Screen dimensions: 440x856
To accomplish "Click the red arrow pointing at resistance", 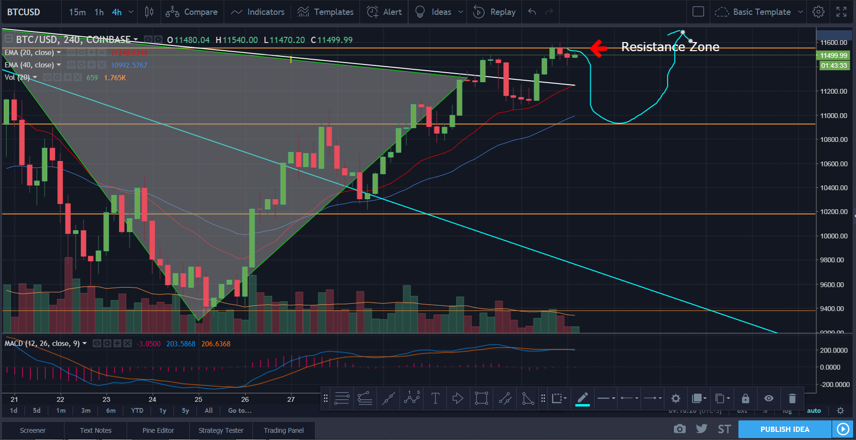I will (x=598, y=48).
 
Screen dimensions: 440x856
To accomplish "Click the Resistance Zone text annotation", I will (x=670, y=47).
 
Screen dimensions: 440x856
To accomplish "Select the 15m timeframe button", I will (x=77, y=12).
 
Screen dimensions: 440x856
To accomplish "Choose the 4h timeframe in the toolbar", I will (x=117, y=12).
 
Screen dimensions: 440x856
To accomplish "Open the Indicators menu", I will (x=258, y=12).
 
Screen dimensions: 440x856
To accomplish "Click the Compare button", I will (x=192, y=12).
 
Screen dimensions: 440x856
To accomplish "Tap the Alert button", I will (x=384, y=12).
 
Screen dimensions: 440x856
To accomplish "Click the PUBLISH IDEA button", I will (x=785, y=429).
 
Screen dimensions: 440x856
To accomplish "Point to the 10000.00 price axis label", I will (x=834, y=236).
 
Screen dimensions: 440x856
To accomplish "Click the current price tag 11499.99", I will (x=834, y=55).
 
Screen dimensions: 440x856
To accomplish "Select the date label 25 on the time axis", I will (x=198, y=399).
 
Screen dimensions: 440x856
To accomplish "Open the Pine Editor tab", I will (x=158, y=430).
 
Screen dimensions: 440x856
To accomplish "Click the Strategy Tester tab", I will (x=221, y=430).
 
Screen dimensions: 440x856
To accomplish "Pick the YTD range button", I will (x=137, y=410).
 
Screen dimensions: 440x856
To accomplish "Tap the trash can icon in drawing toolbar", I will (x=792, y=398).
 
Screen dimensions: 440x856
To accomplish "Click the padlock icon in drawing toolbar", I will (x=745, y=398).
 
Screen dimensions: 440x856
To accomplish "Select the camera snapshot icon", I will (x=679, y=429).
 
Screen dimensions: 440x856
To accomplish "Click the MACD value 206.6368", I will (x=216, y=344).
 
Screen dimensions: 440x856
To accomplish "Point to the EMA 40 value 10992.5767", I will (x=129, y=65).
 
